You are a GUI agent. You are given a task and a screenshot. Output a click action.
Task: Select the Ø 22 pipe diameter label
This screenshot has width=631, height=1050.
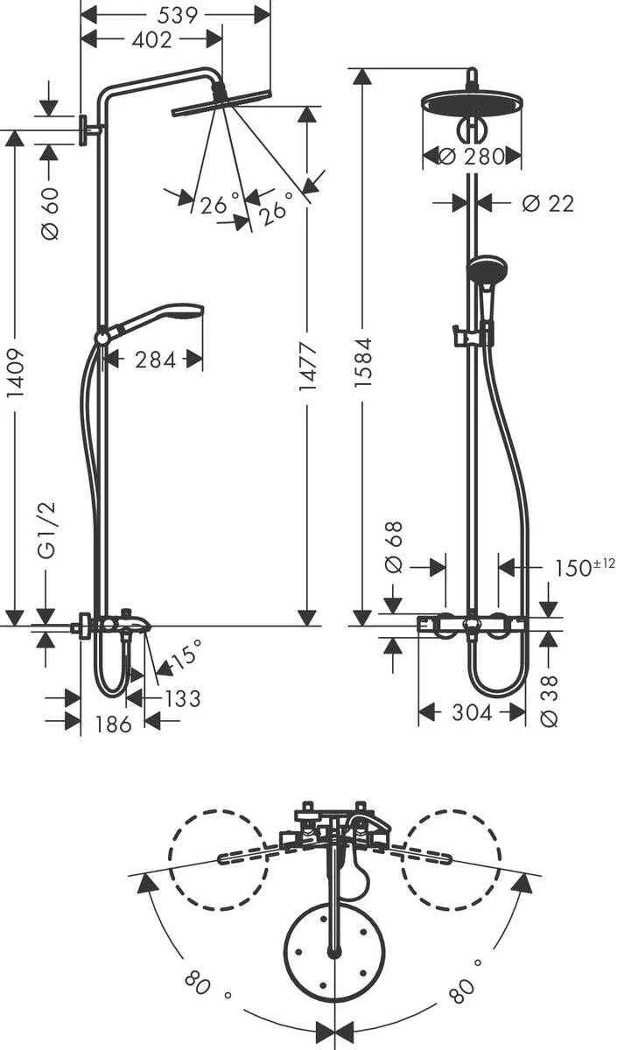pos(547,203)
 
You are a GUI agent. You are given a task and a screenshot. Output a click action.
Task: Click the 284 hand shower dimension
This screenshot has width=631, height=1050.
pos(155,359)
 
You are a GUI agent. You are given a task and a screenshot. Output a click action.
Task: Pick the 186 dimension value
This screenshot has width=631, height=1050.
pos(114,724)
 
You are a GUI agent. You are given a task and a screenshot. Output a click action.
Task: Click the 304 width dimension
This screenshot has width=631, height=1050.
pos(473,713)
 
